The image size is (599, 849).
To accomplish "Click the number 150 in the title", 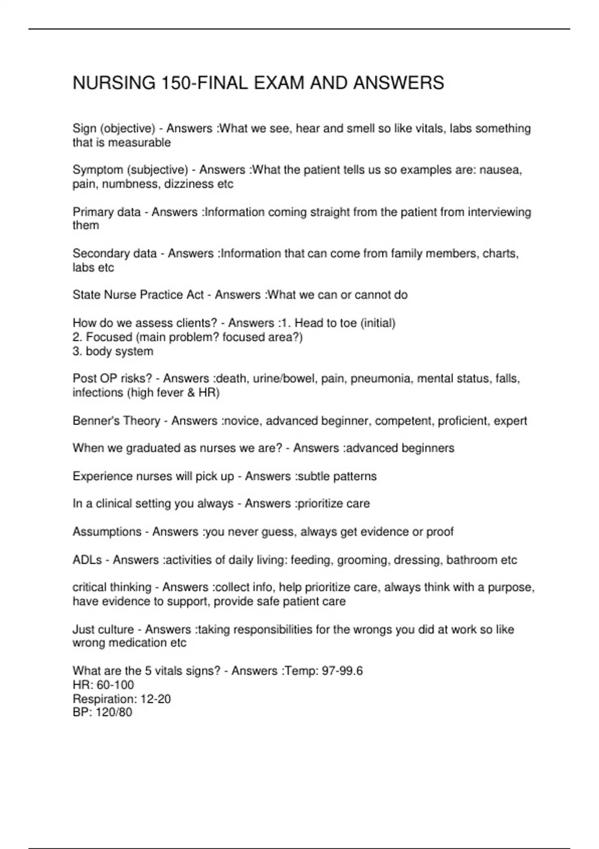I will (176, 83).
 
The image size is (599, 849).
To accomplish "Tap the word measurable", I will (139, 143).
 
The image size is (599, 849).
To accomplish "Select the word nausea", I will (500, 170).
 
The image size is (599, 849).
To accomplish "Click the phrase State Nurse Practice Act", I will (138, 295).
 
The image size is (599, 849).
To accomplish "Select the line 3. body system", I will (113, 352).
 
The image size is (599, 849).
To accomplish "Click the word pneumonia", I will (381, 379).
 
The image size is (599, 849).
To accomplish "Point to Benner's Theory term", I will (116, 421).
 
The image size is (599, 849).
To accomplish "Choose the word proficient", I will (463, 421).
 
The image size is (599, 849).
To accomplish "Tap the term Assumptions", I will (107, 532).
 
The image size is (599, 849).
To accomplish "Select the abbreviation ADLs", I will (87, 560).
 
